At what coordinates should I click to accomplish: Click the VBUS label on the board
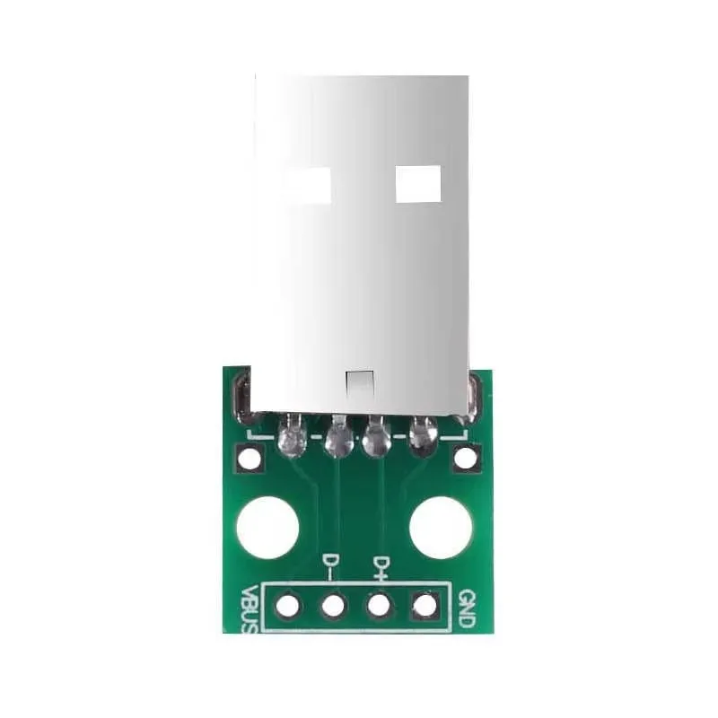tap(250, 610)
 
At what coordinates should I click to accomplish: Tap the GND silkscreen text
tap(465, 607)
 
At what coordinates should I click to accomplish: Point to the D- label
tap(330, 566)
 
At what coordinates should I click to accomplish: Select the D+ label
tap(381, 566)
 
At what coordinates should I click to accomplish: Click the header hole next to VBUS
tap(287, 606)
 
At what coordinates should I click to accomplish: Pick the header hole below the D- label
tap(333, 606)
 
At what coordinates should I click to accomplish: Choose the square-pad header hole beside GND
tap(424, 606)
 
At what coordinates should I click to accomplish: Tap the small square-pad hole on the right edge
tap(465, 459)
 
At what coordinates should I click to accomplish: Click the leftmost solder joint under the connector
tap(293, 438)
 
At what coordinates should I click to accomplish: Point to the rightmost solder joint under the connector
tap(422, 436)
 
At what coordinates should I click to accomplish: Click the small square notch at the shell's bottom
tap(358, 383)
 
